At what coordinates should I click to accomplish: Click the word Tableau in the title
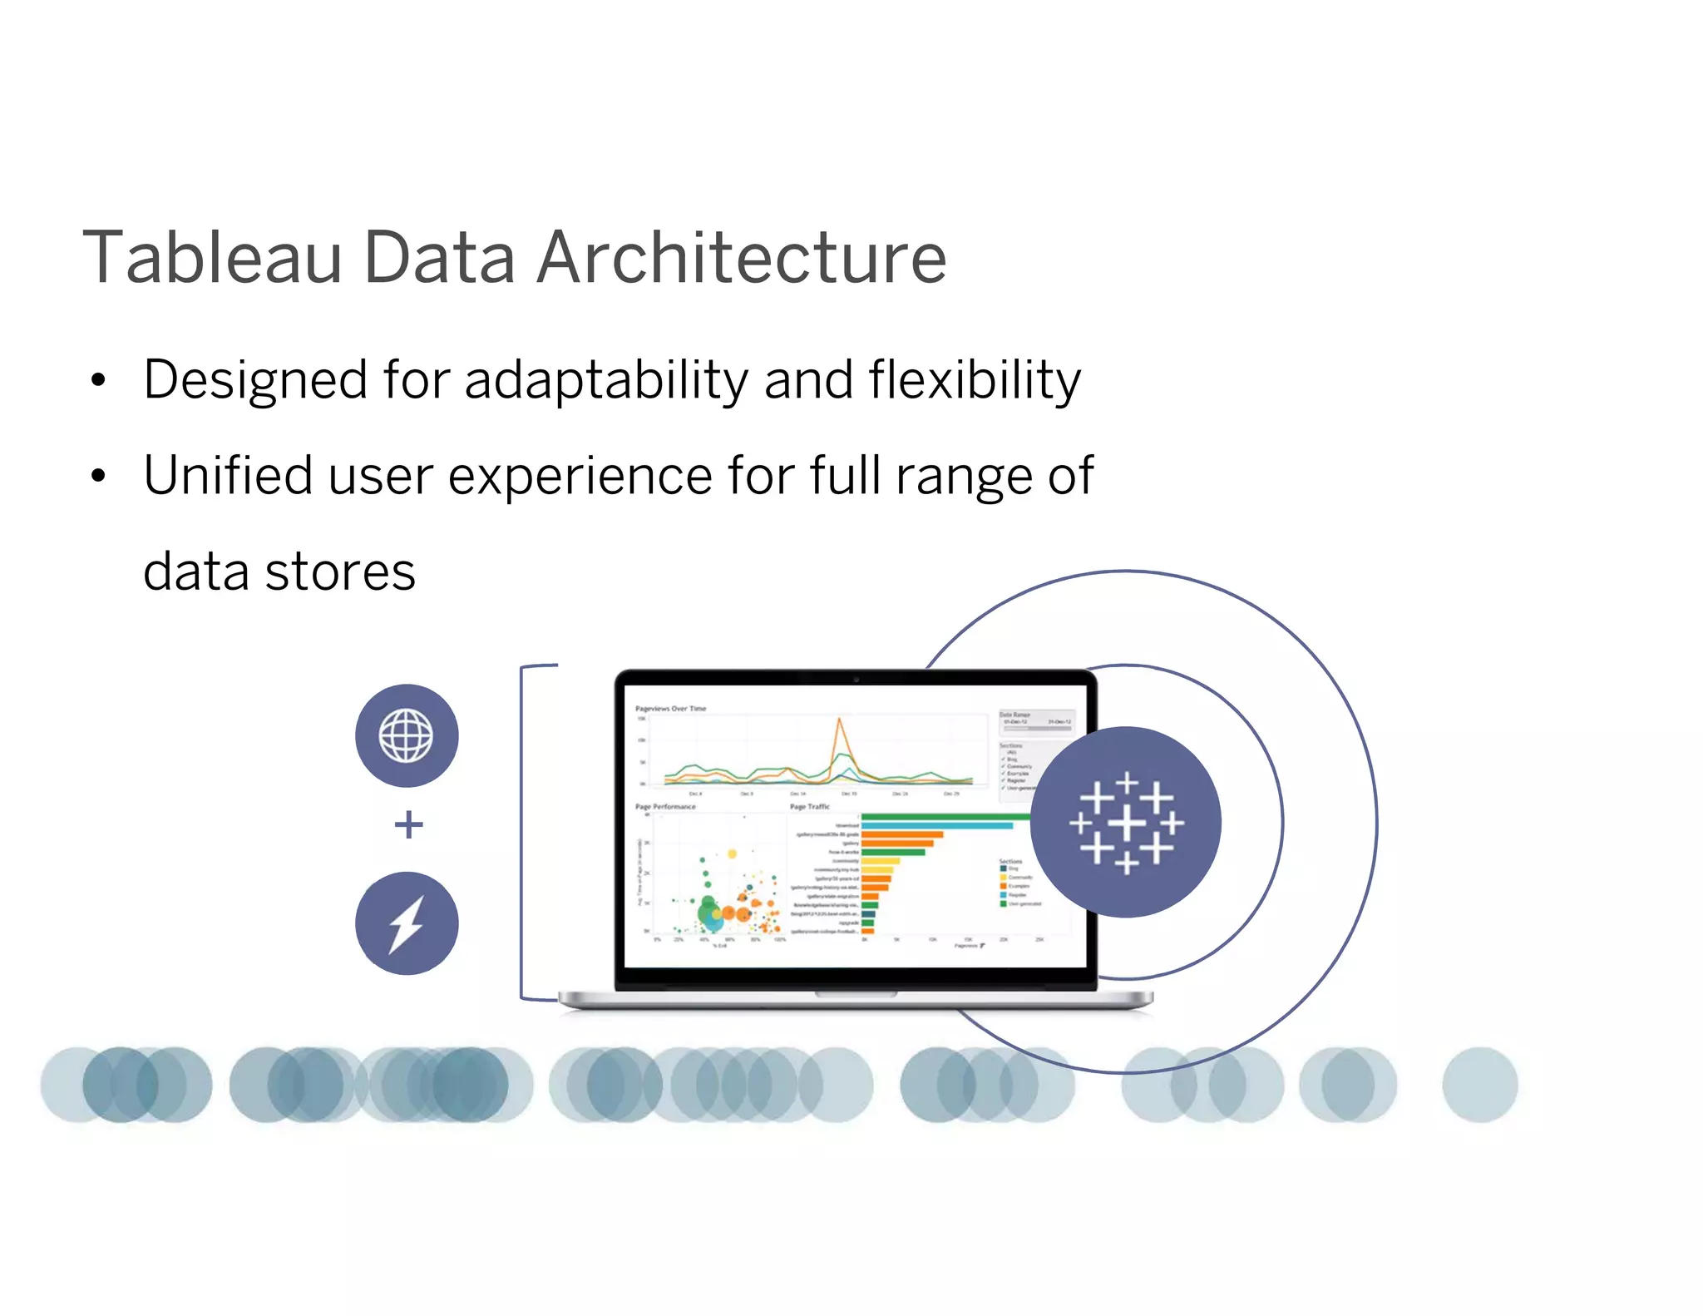[x=213, y=258]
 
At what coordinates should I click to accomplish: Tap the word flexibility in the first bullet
[x=975, y=381]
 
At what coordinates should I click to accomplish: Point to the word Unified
[x=227, y=476]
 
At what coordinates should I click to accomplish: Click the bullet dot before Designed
[x=99, y=381]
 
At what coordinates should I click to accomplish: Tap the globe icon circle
[x=407, y=735]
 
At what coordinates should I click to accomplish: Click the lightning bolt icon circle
[x=407, y=923]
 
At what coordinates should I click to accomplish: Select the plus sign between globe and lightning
[x=408, y=824]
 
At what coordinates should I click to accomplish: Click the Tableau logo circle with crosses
[x=1126, y=822]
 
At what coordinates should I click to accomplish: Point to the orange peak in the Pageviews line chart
[x=840, y=720]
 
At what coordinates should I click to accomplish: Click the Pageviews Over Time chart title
[x=670, y=709]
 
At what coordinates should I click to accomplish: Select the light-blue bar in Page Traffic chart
[x=937, y=825]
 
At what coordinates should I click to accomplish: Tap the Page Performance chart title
[x=665, y=807]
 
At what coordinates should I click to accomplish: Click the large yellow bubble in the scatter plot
[x=733, y=853]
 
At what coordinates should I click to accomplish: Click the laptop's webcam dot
[x=856, y=679]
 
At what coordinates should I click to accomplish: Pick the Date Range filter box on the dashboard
[x=1036, y=722]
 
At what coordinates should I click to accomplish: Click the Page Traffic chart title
[x=810, y=807]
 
